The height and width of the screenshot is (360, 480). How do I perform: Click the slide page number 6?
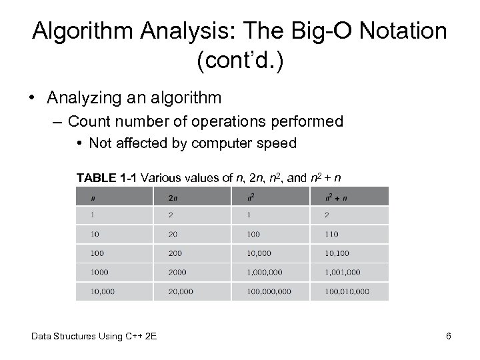(x=448, y=336)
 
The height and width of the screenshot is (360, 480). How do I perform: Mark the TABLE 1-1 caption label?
(x=106, y=177)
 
